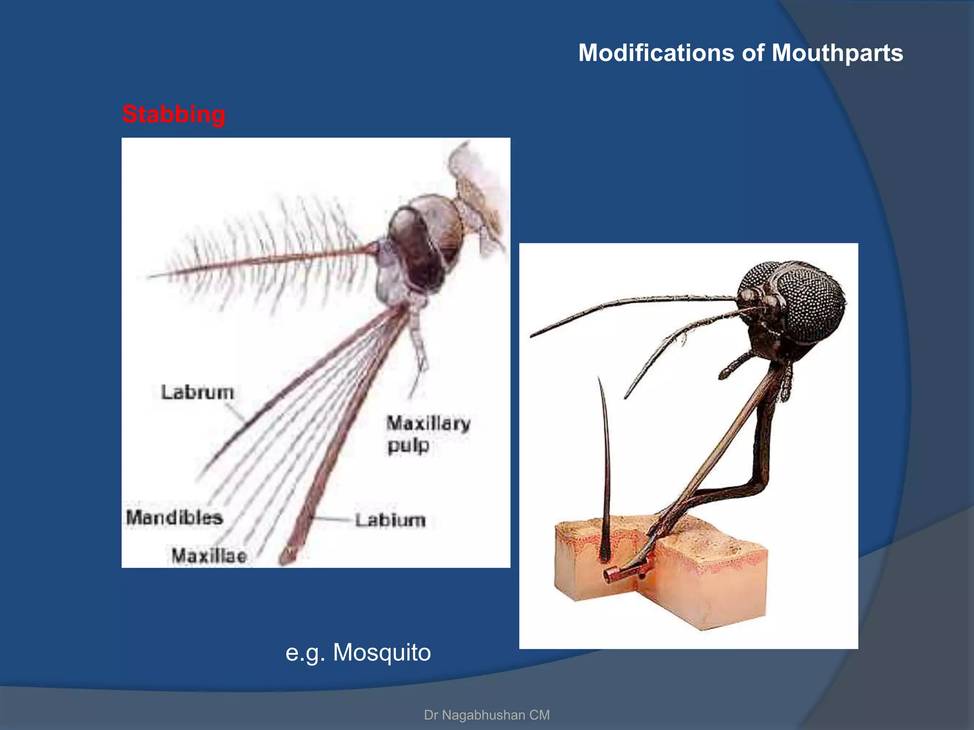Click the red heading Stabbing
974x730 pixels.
[x=174, y=115]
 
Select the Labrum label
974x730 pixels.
[x=197, y=393]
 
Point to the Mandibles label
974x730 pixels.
[x=175, y=518]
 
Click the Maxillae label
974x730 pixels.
[x=209, y=556]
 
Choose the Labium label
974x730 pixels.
[x=390, y=520]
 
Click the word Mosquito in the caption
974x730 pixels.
[x=381, y=652]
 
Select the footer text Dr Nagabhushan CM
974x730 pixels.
[x=487, y=715]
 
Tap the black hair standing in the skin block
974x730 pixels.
[x=605, y=475]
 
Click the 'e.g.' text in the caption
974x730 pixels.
[x=305, y=653]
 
